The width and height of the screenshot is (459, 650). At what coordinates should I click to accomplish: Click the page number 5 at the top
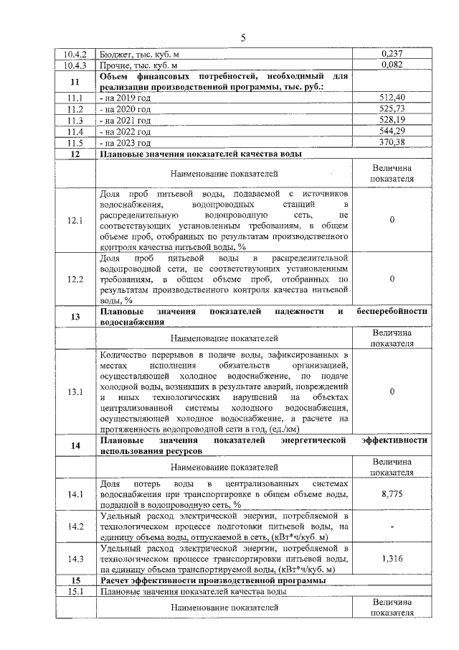point(242,38)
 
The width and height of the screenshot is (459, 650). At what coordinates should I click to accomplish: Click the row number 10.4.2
point(75,54)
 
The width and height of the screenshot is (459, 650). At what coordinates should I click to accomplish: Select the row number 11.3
point(75,120)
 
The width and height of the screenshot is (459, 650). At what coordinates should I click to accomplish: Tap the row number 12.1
point(75,220)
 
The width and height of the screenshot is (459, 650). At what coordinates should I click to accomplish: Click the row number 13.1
point(75,392)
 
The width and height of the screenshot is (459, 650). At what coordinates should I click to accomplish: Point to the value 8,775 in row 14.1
point(392,494)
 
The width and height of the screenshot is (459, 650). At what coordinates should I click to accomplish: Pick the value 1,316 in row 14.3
point(392,557)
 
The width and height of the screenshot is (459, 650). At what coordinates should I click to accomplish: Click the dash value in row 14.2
point(392,526)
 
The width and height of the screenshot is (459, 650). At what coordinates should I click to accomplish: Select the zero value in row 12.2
point(392,279)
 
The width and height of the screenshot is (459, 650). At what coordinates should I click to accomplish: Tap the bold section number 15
point(75,580)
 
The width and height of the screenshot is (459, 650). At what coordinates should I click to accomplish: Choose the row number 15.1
point(75,591)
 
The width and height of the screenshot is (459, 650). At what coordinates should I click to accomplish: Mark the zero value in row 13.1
point(392,392)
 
